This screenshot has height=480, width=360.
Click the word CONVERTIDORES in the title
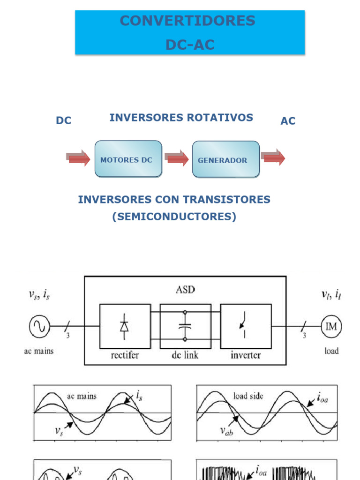click(x=187, y=21)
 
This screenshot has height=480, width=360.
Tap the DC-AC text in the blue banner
click(x=190, y=45)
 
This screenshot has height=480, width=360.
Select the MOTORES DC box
click(x=128, y=159)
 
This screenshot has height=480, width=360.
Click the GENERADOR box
click(x=225, y=160)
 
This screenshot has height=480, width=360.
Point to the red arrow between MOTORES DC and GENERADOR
click(x=177, y=158)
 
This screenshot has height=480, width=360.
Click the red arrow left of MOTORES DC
click(x=78, y=158)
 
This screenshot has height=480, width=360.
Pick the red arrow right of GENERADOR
click(x=274, y=157)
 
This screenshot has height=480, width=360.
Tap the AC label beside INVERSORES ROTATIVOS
click(x=288, y=121)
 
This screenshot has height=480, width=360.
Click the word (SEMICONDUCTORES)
click(x=174, y=217)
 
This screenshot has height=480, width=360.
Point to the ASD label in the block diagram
click(x=185, y=290)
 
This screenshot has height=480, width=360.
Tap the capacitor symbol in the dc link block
click(x=185, y=326)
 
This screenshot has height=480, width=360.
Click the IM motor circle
click(x=331, y=327)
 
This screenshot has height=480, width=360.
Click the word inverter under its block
click(x=245, y=355)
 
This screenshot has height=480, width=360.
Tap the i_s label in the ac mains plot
click(x=139, y=396)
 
